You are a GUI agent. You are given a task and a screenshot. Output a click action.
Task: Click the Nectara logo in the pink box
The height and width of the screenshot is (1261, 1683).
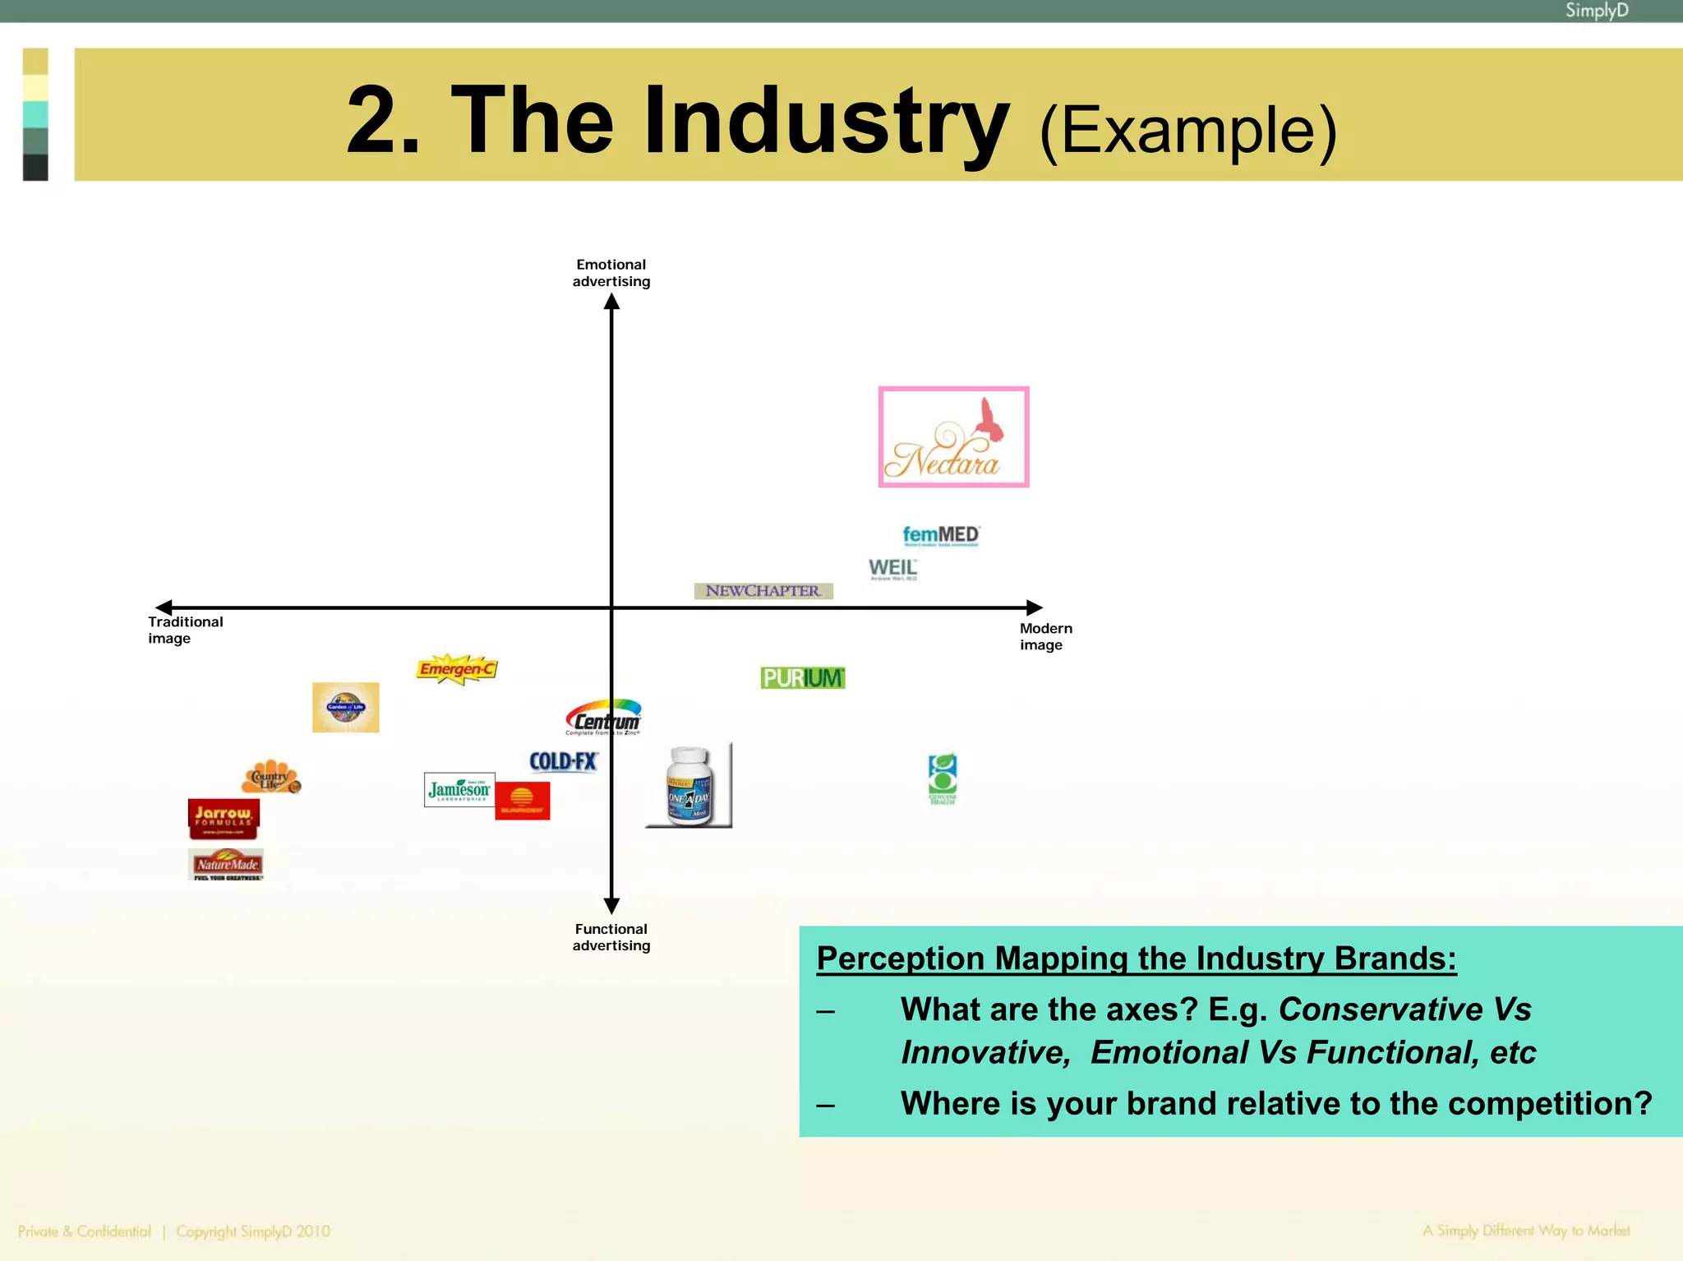(953, 436)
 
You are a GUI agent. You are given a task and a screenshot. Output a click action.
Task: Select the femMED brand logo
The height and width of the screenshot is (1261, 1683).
(941, 535)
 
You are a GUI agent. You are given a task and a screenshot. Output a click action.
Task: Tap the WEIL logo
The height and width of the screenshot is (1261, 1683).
(892, 568)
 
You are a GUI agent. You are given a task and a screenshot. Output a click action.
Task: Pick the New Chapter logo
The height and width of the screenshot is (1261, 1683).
(763, 591)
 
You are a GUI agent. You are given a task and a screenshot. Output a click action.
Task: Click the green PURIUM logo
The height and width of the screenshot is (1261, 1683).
(802, 678)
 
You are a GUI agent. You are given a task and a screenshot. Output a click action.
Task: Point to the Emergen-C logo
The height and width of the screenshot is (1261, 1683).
(457, 669)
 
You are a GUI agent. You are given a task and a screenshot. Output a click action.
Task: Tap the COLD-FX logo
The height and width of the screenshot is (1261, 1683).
(563, 761)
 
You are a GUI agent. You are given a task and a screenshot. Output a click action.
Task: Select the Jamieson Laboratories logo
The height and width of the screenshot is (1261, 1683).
(459, 790)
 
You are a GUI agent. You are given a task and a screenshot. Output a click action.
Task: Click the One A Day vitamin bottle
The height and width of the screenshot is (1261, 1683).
(689, 786)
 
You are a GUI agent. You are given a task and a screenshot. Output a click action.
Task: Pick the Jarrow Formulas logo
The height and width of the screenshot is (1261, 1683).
(224, 818)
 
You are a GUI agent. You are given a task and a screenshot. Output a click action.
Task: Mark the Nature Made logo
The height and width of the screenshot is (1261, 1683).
(226, 865)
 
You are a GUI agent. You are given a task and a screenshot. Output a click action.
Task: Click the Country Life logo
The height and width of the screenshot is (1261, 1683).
(271, 777)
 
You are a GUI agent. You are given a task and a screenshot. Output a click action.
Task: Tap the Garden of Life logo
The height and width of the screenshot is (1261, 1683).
(345, 707)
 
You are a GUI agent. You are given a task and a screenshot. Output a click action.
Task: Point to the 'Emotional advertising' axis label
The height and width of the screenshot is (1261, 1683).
(611, 273)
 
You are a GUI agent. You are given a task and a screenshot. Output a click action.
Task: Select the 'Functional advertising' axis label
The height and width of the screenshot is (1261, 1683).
(611, 937)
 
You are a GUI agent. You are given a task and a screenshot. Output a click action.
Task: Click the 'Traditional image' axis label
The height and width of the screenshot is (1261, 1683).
(185, 630)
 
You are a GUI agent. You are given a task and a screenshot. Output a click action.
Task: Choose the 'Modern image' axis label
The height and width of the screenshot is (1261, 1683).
(1045, 636)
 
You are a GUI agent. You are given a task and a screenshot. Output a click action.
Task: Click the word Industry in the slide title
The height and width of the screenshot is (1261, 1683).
(826, 121)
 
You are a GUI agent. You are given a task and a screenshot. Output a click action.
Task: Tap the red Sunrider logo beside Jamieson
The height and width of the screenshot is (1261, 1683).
(522, 801)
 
